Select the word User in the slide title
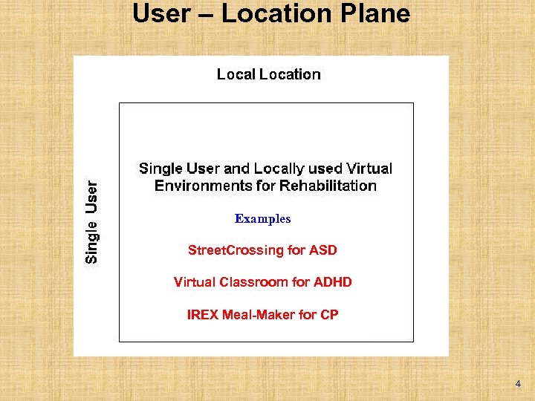(161, 13)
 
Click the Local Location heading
(268, 74)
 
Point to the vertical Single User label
(91, 222)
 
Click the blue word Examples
(262, 219)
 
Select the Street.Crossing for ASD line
(262, 251)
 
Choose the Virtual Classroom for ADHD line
(262, 282)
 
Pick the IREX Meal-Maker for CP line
(262, 315)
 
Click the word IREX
(202, 315)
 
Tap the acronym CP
(329, 315)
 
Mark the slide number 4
(517, 384)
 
